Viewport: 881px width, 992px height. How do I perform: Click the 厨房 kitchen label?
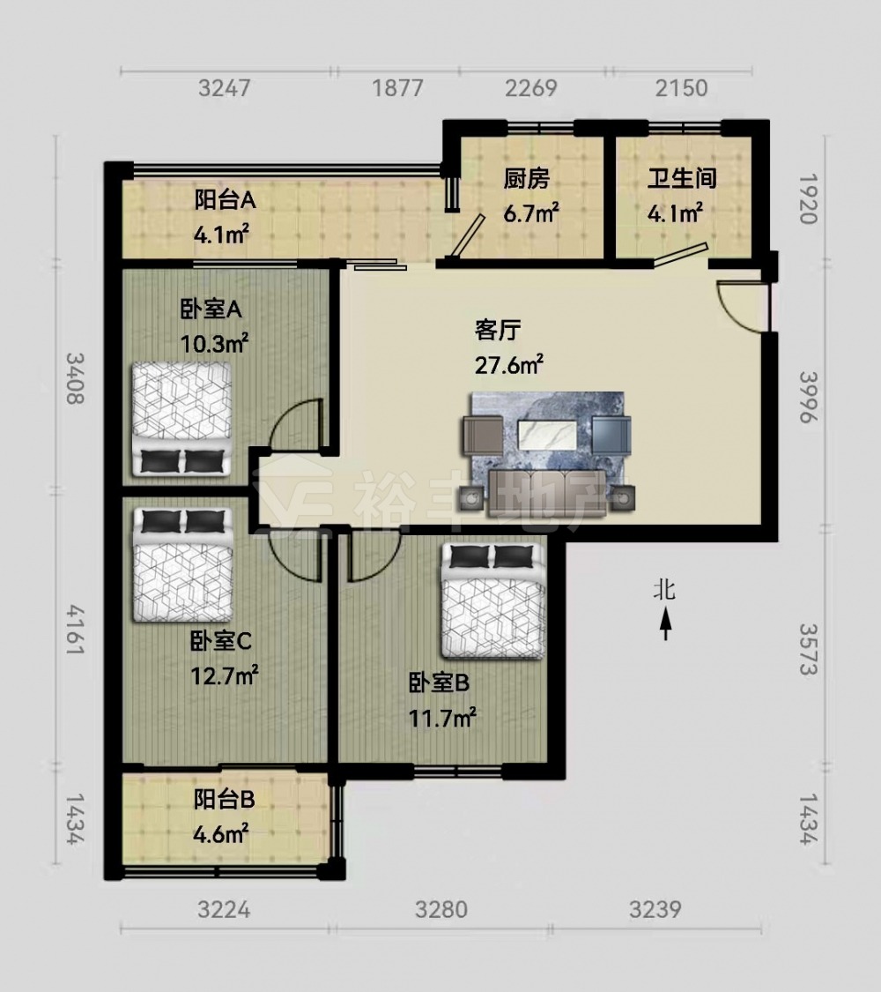coord(527,179)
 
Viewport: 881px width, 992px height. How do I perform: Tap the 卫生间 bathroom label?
coord(682,178)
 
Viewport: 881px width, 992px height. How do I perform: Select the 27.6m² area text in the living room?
coord(508,364)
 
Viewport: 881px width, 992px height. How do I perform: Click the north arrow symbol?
coord(665,623)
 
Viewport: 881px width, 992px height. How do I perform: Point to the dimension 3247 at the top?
coord(225,88)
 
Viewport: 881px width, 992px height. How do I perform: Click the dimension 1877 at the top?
coord(397,88)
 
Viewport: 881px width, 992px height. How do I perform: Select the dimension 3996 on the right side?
coord(809,397)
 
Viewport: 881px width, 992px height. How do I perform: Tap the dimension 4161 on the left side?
coord(75,630)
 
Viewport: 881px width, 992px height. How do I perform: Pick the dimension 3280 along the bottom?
coord(441,910)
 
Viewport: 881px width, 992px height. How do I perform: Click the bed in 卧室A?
coord(181,419)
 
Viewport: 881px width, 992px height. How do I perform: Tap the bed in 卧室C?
coord(182,565)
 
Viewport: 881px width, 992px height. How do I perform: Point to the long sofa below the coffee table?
coord(547,491)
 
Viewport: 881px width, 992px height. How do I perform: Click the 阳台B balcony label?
coord(225,800)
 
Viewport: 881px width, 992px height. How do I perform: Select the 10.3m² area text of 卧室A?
coord(214,344)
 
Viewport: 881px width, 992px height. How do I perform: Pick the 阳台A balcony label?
coord(225,200)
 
